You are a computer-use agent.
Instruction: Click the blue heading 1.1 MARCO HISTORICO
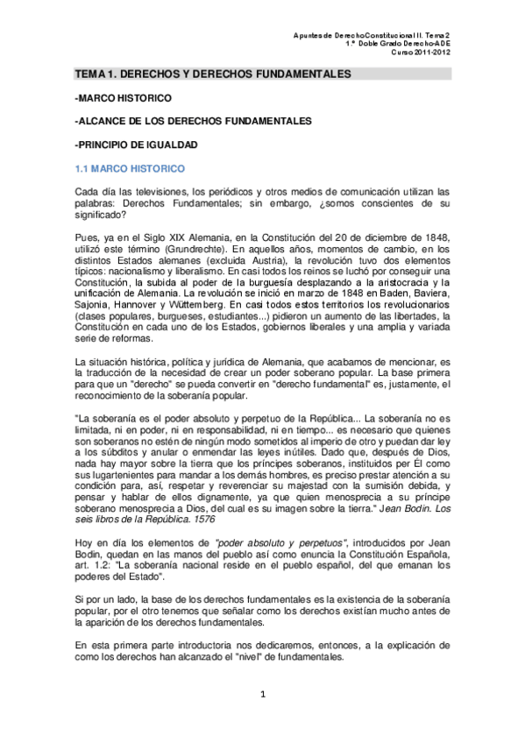(x=127, y=165)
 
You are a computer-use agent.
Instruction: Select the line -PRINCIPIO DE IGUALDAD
(x=137, y=143)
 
